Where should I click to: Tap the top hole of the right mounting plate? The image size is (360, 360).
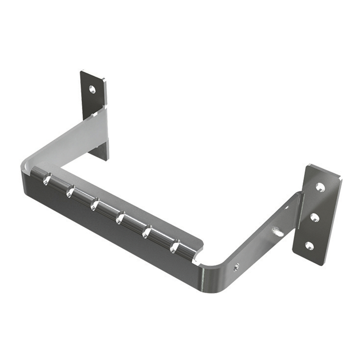[320, 187]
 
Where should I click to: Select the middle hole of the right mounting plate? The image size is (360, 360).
[314, 217]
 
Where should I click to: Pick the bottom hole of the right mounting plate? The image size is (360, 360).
[309, 246]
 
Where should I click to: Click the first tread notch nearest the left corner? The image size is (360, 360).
[47, 179]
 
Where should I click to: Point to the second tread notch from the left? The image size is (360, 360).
[70, 191]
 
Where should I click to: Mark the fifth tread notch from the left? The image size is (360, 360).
[147, 231]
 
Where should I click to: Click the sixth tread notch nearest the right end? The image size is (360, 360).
[175, 247]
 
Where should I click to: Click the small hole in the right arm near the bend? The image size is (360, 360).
[237, 267]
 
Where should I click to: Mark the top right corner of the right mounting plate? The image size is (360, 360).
[340, 177]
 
